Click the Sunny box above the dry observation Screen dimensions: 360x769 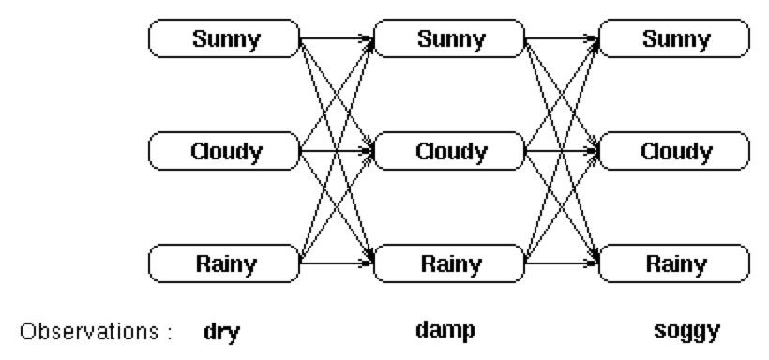coord(225,38)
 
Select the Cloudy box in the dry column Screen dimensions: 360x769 coord(225,151)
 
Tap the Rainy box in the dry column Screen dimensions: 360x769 coord(225,263)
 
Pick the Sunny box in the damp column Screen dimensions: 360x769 coord(450,38)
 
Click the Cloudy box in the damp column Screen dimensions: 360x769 coord(450,151)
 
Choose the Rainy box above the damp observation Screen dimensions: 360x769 coord(450,263)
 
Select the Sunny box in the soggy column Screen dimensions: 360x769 coord(674,38)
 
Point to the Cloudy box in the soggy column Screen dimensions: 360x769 coord(674,151)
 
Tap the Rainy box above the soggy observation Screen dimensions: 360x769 coord(674,263)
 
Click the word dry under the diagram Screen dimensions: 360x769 coord(221,331)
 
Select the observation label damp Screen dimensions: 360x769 coord(445,330)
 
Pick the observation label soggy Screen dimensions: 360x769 coord(687,331)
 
